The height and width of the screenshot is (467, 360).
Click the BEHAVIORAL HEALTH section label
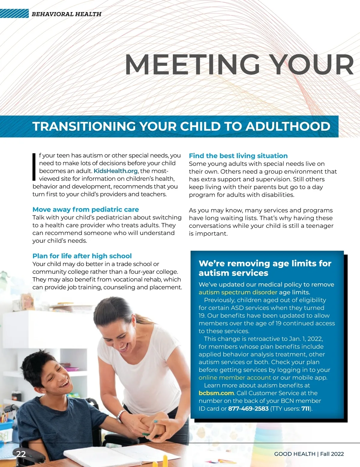[66, 14]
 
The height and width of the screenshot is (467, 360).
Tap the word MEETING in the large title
[192, 64]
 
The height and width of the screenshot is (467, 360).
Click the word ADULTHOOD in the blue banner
[288, 126]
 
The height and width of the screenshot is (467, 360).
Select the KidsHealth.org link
[115, 171]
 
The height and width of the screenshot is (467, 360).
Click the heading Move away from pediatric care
[85, 210]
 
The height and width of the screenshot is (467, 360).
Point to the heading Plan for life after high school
[82, 256]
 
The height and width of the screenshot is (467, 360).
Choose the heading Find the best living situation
[238, 156]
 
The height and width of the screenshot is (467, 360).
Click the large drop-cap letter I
[34, 167]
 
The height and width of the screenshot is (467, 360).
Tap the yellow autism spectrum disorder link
[238, 292]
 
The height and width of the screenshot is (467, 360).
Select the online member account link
[235, 378]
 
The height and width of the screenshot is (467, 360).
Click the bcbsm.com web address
[216, 393]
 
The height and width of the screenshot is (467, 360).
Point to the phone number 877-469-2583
[248, 409]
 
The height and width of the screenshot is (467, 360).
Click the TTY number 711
[305, 409]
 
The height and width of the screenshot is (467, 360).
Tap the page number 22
[21, 454]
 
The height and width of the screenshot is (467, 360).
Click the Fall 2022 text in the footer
[332, 454]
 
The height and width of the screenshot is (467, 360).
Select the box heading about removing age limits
[265, 268]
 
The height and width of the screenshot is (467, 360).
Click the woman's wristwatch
[121, 416]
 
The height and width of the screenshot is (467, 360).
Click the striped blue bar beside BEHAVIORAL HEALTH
[14, 14]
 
